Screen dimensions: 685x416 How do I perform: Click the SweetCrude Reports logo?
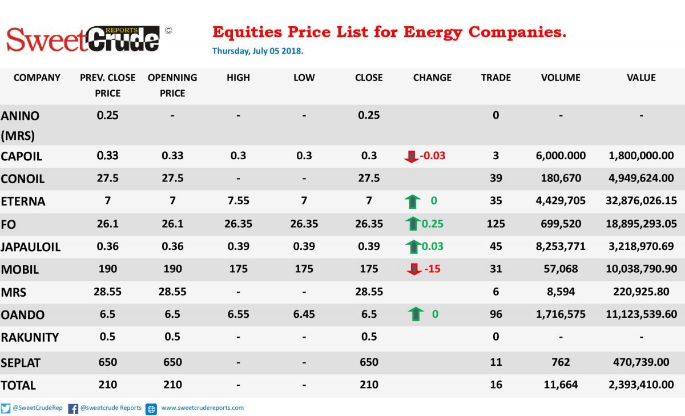tap(83, 39)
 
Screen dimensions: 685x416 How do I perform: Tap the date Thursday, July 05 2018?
tap(258, 51)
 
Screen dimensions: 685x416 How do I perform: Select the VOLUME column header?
tap(561, 78)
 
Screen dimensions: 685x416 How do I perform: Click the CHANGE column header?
tap(432, 78)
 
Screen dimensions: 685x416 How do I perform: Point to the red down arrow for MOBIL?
tap(414, 269)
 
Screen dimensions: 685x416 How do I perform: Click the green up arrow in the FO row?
tap(413, 224)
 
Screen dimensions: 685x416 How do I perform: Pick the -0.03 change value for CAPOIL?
tap(433, 156)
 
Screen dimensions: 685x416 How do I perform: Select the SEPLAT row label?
tap(21, 363)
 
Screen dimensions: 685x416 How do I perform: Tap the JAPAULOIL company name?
tap(31, 247)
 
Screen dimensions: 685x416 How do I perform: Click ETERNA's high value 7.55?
tap(238, 200)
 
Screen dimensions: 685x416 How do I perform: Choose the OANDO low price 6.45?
tap(304, 314)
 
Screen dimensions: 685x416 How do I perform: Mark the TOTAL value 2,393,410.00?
tap(641, 385)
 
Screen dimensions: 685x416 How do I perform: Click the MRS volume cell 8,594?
tap(561, 292)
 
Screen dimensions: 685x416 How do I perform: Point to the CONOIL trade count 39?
tap(495, 178)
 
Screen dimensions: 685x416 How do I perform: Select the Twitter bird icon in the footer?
tap(6, 409)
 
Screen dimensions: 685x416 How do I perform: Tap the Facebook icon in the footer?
tap(73, 409)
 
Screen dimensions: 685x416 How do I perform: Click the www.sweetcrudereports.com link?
tap(203, 408)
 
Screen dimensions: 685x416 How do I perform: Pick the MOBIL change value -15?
tap(433, 269)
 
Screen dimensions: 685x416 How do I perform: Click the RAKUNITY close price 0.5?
tap(369, 337)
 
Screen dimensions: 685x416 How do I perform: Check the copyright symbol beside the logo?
tap(168, 30)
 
